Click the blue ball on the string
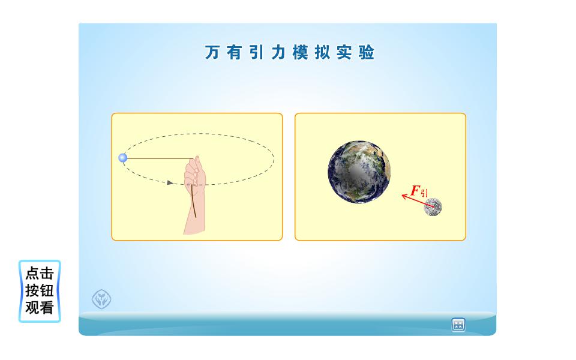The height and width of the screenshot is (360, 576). [123, 158]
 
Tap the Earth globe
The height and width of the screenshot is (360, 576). [359, 172]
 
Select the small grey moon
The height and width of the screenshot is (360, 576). [433, 207]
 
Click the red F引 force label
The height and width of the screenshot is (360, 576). [419, 191]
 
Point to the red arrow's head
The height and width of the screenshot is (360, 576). [403, 196]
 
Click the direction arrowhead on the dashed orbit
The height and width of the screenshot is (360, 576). [170, 182]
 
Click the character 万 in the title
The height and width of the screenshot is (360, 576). [212, 52]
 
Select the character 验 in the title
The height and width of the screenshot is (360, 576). [366, 52]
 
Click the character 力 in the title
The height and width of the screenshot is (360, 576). [278, 52]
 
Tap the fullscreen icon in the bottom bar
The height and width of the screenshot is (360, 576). [458, 325]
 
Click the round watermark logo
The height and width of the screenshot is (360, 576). [101, 299]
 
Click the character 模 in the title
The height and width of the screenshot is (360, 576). [300, 52]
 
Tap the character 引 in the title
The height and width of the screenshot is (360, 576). [256, 52]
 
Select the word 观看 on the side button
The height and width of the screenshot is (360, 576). [40, 308]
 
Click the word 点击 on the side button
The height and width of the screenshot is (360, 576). [40, 274]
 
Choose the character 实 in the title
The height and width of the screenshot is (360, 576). [344, 52]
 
